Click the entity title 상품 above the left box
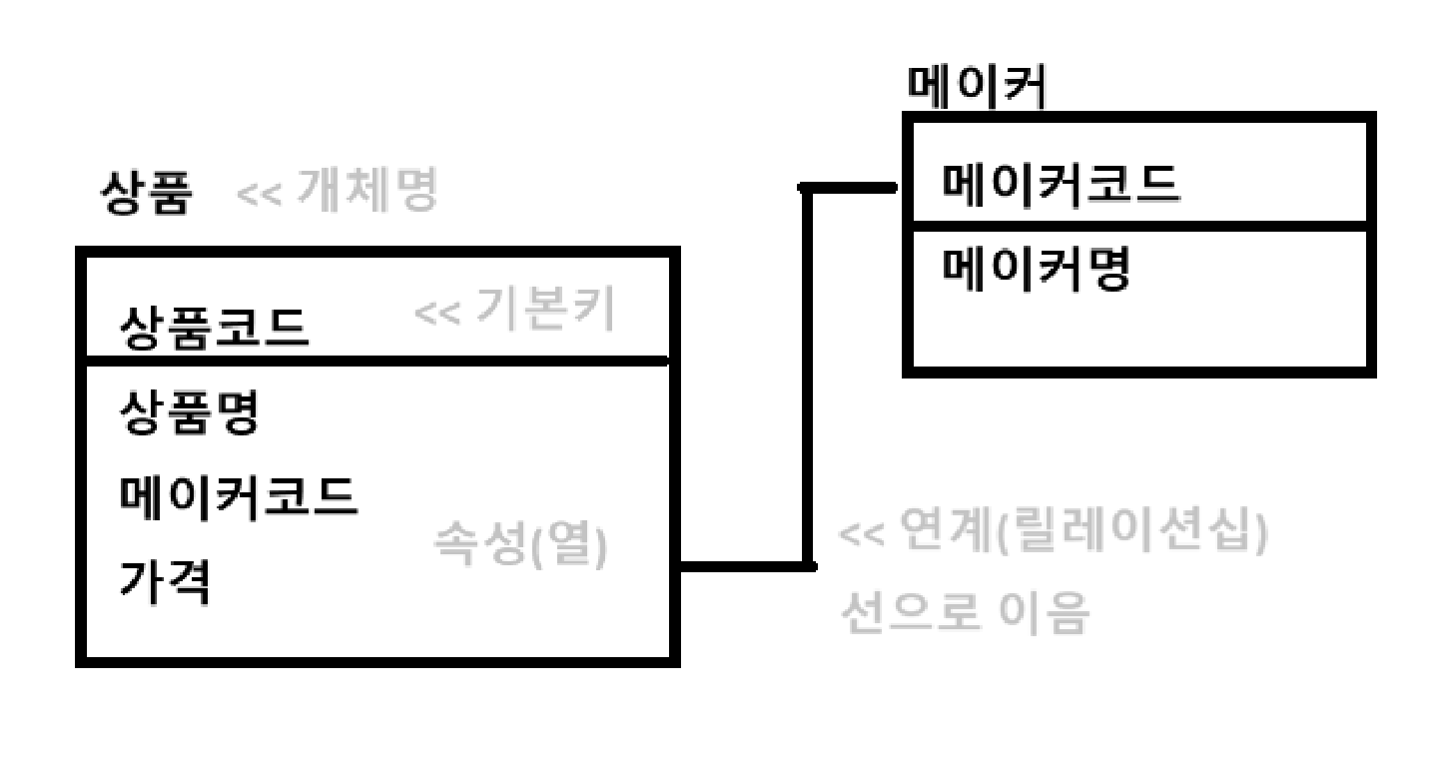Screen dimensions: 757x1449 (144, 193)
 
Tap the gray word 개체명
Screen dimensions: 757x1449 (367, 193)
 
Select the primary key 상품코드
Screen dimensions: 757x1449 (215, 327)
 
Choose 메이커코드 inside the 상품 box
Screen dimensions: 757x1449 (238, 496)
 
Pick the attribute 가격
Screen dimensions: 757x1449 (165, 581)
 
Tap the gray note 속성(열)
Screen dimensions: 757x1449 (520, 547)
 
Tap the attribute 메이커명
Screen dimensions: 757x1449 (1037, 267)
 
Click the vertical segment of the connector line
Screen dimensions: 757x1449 (808, 379)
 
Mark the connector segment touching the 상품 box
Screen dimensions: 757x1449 (744, 566)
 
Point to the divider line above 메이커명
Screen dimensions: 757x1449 (1138, 225)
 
